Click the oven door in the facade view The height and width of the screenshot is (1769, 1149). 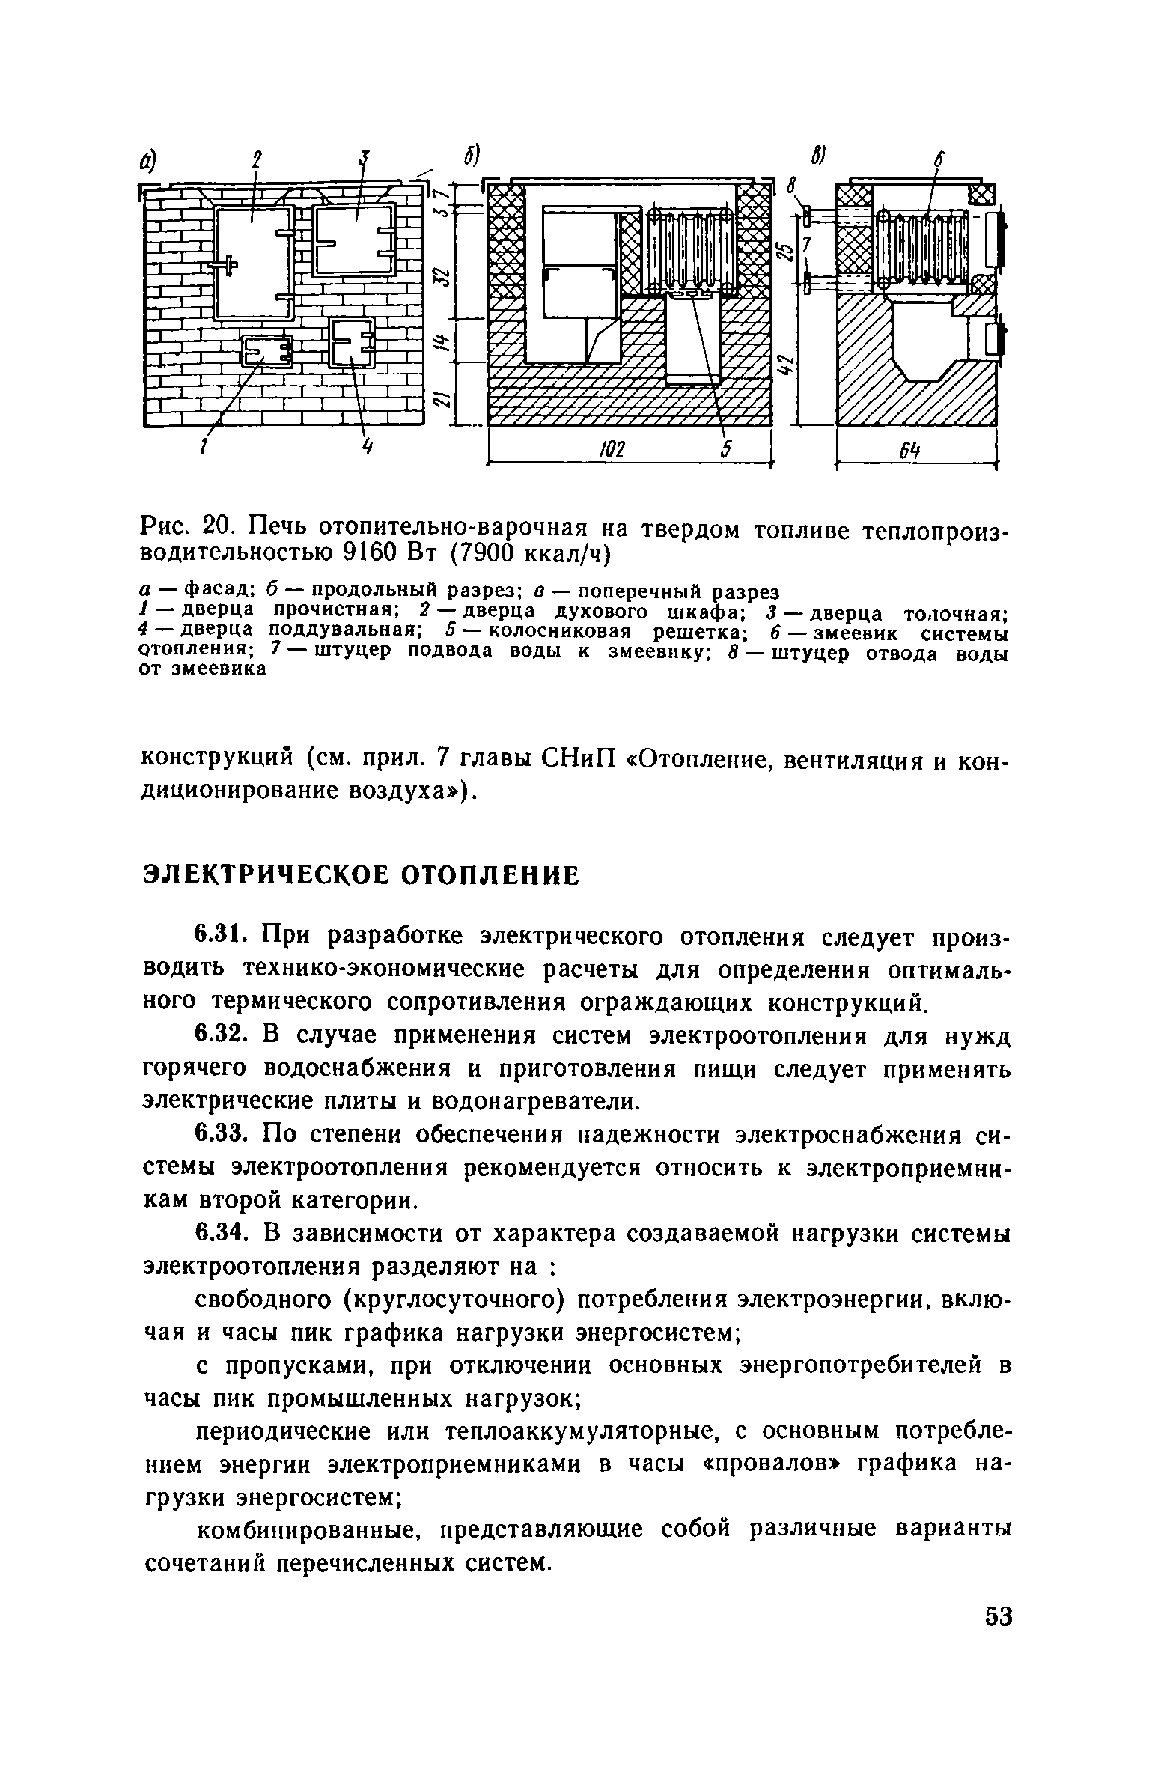click(253, 262)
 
